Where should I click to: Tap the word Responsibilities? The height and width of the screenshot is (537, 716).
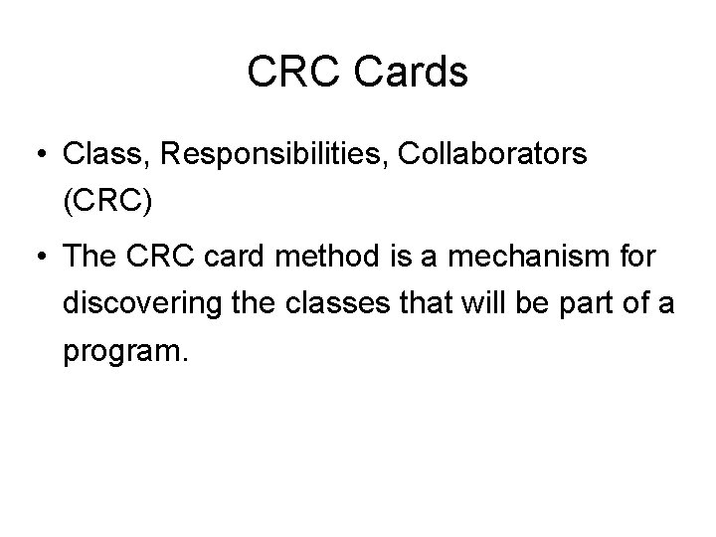267,155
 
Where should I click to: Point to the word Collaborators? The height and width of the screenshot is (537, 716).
485,155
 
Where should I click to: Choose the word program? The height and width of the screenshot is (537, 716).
123,355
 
